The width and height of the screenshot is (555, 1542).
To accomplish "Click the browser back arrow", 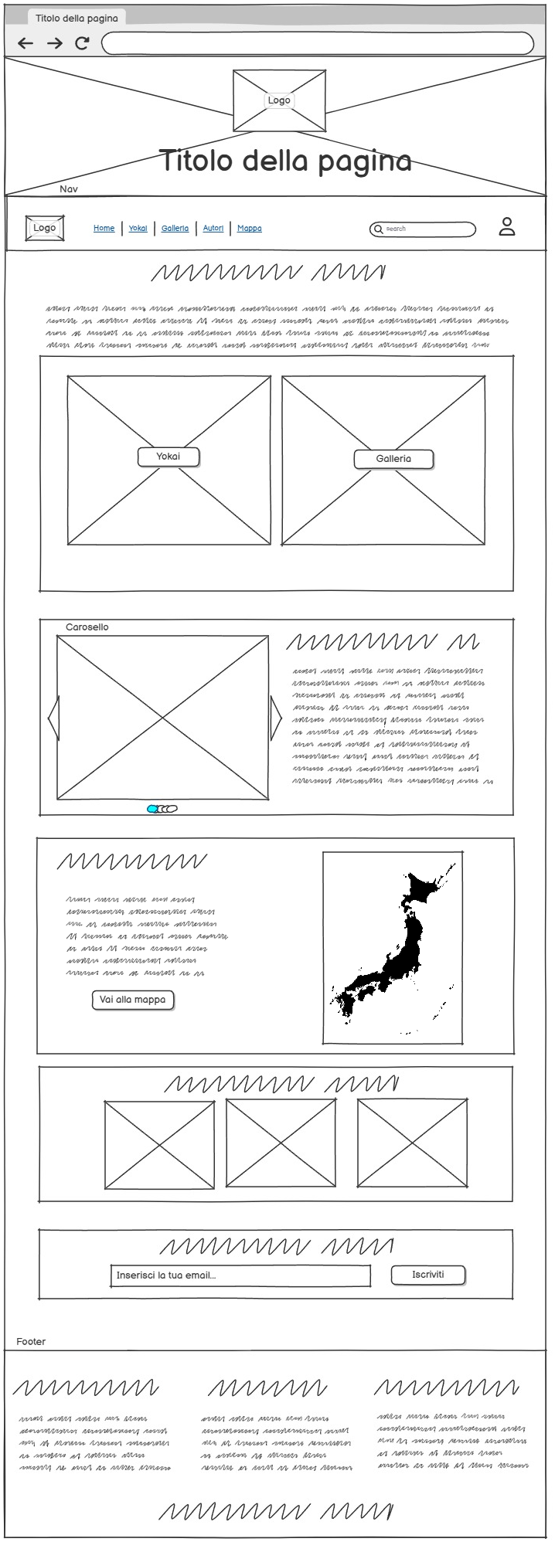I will coord(26,44).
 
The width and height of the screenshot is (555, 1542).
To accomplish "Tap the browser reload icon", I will coord(82,44).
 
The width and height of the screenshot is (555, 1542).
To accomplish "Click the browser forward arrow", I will coord(54,44).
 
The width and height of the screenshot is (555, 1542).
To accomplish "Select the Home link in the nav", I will coord(104,229).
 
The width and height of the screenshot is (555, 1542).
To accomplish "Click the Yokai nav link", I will coord(138,229).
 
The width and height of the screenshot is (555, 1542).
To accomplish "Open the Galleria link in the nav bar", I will coord(175,229).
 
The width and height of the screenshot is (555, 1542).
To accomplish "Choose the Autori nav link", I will coord(213,229).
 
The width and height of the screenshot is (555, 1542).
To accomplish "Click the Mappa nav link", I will coord(249,229).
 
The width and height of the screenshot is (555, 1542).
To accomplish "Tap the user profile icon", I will coord(507,227).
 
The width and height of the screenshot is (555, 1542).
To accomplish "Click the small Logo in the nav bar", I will coord(44,229).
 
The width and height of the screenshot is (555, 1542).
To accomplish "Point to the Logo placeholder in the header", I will coord(279,100).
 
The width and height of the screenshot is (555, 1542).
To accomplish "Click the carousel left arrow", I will coord(53,718).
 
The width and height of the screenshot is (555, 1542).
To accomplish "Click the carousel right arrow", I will coord(275,718).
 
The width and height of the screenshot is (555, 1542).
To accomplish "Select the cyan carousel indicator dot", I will coord(152,809).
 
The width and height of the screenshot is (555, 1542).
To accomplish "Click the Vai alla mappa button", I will coord(133,1000).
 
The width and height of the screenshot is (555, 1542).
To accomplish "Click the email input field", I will coord(240,1275).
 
